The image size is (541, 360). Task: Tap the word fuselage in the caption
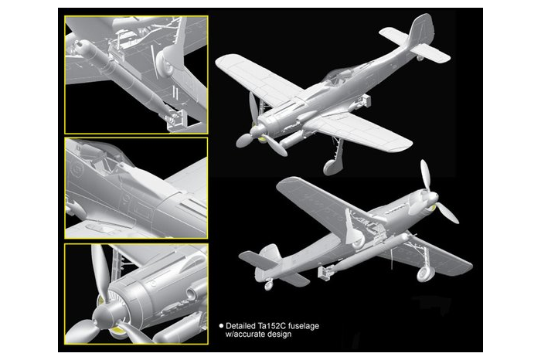point(304,326)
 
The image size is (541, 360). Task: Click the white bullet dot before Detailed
point(221,326)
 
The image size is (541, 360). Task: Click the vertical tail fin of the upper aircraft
point(420,31)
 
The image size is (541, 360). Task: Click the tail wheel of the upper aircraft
point(420,56)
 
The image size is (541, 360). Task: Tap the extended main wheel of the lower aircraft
point(424,272)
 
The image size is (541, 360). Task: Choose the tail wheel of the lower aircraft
point(268,284)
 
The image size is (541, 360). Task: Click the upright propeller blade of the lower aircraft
point(424,175)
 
